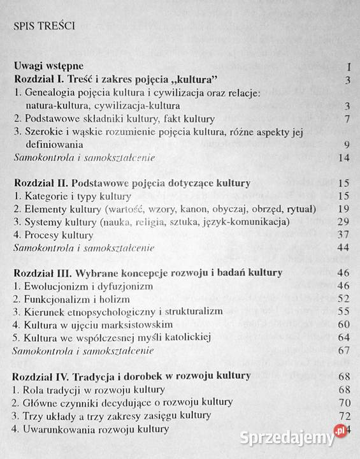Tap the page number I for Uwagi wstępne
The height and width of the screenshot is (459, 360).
click(350, 66)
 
